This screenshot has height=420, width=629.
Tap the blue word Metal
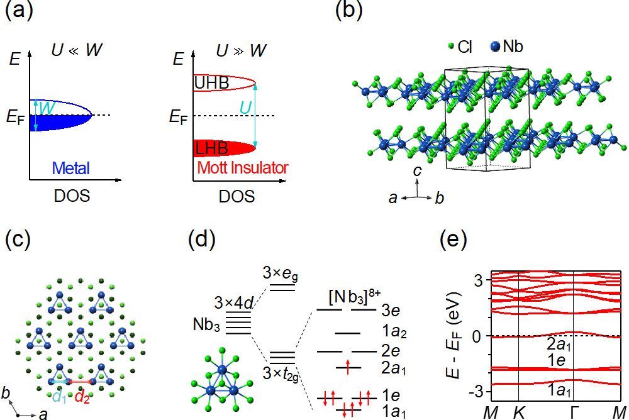[70, 169]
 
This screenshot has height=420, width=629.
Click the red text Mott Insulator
[243, 169]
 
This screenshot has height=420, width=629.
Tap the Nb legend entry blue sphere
[495, 46]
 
